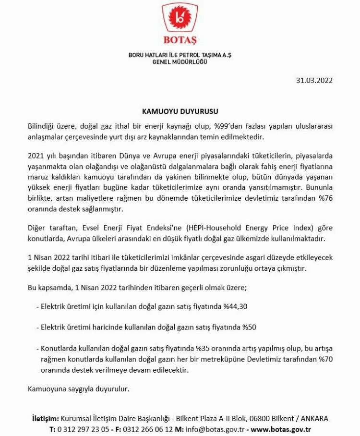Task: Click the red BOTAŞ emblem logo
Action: [180, 19]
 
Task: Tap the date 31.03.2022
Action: [314, 80]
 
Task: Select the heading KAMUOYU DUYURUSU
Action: [180, 111]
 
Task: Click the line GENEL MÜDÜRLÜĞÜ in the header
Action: [180, 62]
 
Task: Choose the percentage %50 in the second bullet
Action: [249, 327]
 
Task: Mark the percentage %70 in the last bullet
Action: [324, 359]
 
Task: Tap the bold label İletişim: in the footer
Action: [45, 418]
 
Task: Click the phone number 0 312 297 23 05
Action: [83, 429]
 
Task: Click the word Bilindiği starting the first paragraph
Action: [42, 126]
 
